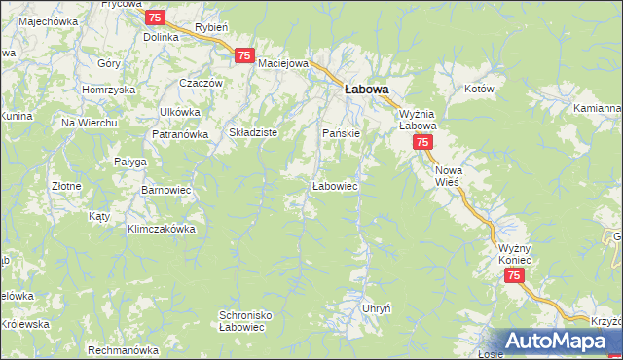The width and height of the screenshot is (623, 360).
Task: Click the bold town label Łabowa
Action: click(x=366, y=89)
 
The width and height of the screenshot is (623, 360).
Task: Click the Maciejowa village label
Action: click(x=283, y=63)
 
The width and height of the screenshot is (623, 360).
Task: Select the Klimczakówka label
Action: click(x=162, y=230)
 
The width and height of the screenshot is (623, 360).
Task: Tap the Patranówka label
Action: click(x=179, y=135)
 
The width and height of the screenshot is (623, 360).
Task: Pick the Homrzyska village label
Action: click(x=109, y=90)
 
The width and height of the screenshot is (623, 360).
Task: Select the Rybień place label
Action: click(x=211, y=29)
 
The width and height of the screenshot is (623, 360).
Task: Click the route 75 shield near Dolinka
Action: click(x=155, y=18)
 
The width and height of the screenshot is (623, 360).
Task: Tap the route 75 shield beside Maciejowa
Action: click(x=243, y=57)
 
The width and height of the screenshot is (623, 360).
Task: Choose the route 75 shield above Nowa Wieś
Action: click(x=422, y=142)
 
